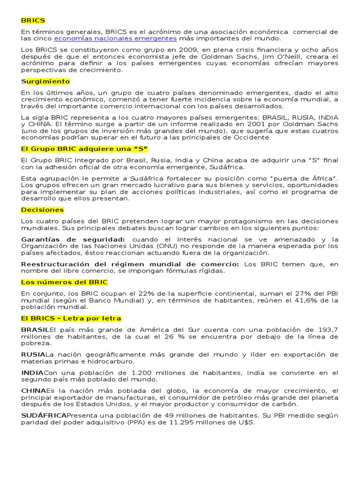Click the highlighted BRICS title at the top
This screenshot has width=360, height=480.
click(x=33, y=21)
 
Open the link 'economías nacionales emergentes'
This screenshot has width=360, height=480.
click(x=115, y=38)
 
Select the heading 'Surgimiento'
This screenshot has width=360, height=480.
click(x=45, y=81)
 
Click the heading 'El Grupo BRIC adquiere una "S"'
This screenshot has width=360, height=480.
click(x=84, y=149)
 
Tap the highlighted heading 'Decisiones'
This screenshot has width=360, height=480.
click(x=42, y=210)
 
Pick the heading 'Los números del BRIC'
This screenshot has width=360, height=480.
click(x=64, y=282)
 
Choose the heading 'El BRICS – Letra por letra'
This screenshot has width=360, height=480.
click(x=71, y=318)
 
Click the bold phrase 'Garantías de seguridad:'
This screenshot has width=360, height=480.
click(x=73, y=240)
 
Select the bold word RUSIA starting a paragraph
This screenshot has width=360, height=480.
click(x=33, y=354)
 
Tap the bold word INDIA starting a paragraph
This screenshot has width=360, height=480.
click(x=32, y=373)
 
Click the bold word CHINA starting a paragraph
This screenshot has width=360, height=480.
click(x=33, y=391)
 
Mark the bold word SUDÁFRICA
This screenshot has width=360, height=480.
click(x=44, y=415)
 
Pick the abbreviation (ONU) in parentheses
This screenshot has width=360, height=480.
click(x=166, y=246)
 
